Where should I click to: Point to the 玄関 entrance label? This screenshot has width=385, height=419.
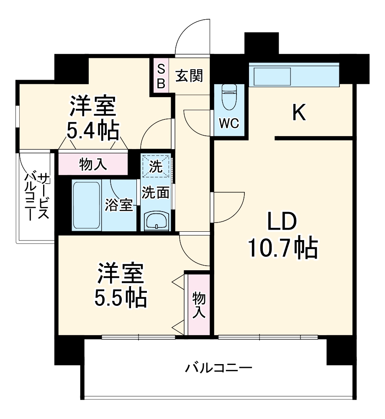pyautogui.click(x=189, y=75)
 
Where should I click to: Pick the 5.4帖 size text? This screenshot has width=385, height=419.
pyautogui.click(x=92, y=131)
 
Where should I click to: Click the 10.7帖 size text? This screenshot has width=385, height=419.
pyautogui.click(x=282, y=248)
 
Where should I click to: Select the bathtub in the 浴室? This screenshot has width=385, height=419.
pyautogui.click(x=87, y=205)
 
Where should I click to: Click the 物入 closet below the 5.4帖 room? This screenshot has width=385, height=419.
pyautogui.click(x=93, y=164)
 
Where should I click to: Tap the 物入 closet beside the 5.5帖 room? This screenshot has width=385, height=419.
pyautogui.click(x=199, y=305)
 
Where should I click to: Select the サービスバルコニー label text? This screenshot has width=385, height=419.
pyautogui.click(x=37, y=196)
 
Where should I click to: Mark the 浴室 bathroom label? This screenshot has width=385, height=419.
pyautogui.click(x=119, y=206)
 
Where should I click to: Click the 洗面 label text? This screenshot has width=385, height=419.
pyautogui.click(x=155, y=192)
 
